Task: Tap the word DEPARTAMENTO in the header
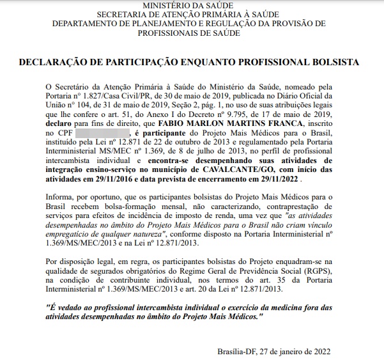(84, 23)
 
